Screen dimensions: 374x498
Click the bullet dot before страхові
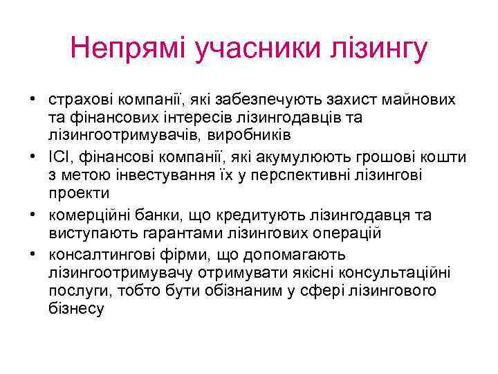point(33,100)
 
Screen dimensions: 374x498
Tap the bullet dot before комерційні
point(33,215)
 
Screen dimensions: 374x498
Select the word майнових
point(419,100)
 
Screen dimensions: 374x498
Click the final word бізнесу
point(76,310)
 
